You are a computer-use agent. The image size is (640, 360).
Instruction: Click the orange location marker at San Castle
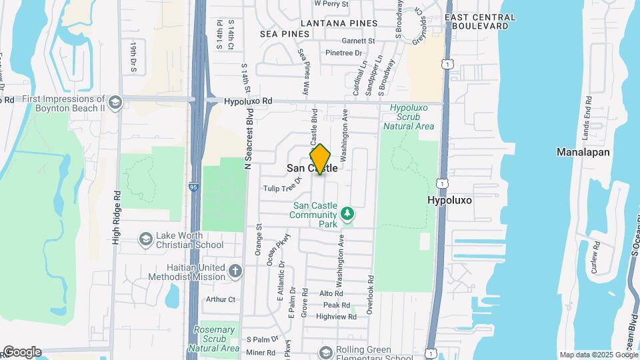coord(320,159)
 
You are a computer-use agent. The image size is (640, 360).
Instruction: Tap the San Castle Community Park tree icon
coord(346,214)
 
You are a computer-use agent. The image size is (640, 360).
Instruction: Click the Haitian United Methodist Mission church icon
coord(234,271)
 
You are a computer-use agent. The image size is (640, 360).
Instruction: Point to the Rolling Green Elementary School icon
coord(326,351)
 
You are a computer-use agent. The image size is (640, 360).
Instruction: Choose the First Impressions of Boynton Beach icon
coord(115,101)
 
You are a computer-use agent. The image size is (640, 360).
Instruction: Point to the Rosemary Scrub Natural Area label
coord(215,339)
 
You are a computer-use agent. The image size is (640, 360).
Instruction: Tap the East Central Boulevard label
coord(475,21)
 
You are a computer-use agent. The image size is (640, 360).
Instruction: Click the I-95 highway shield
coord(194,189)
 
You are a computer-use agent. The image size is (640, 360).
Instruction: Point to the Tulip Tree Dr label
coord(283,188)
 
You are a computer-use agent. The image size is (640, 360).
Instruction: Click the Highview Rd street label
coord(337,317)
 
